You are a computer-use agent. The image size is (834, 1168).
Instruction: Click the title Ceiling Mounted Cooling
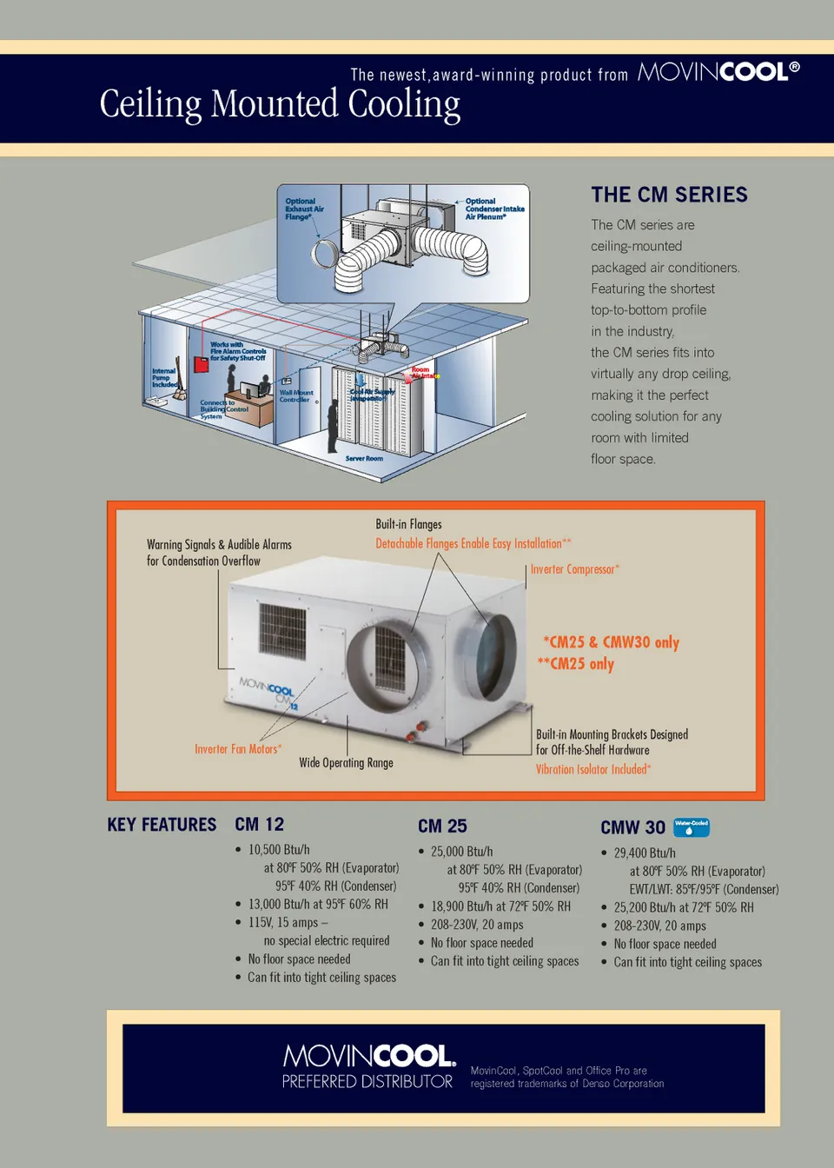coord(280,104)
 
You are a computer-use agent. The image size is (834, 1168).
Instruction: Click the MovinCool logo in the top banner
coord(718,72)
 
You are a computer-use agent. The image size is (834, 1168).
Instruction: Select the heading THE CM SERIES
coord(669,195)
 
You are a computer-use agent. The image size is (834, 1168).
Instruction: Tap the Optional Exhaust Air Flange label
coord(303,209)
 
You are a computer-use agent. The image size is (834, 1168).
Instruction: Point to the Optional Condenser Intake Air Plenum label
coord(493,209)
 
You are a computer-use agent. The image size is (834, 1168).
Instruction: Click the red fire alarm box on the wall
coord(201,363)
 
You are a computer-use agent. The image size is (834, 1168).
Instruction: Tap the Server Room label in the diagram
coord(364,458)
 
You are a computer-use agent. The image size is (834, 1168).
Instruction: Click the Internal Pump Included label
coord(164,377)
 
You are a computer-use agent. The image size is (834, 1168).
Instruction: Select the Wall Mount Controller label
coord(296,396)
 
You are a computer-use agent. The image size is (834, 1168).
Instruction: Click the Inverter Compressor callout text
coord(574,569)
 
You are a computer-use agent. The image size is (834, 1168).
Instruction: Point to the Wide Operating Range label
coord(346,762)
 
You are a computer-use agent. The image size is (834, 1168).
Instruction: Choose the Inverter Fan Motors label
coord(237,748)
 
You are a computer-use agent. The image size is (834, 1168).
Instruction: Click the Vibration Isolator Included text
coord(592,769)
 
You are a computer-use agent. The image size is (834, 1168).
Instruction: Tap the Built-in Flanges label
coord(408,524)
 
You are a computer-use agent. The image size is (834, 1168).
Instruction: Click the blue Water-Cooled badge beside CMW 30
coord(692,826)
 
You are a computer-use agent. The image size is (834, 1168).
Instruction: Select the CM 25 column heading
coord(442,826)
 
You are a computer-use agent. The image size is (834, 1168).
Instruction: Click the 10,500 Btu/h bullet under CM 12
coord(279,849)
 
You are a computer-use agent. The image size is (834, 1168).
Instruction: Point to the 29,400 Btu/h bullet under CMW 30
coord(645,853)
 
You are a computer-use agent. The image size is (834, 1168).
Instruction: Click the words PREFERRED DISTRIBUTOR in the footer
coord(367,1082)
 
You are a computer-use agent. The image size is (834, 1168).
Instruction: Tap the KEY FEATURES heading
coord(162,825)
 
